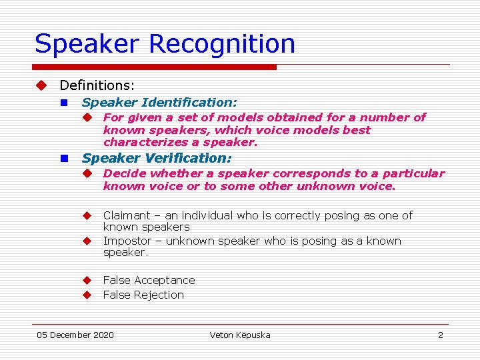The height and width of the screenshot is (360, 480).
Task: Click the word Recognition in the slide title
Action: (x=222, y=44)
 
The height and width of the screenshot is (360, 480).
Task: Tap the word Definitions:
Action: (x=97, y=85)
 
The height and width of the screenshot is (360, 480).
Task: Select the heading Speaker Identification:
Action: (x=159, y=103)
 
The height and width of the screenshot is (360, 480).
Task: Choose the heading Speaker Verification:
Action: (x=157, y=158)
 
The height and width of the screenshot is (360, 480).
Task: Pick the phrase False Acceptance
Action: (x=149, y=280)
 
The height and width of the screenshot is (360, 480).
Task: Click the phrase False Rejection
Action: (x=143, y=295)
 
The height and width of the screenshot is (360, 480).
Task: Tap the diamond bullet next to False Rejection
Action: (x=86, y=295)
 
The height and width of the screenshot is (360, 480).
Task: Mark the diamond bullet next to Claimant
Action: (x=86, y=215)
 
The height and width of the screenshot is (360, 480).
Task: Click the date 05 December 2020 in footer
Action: (x=75, y=335)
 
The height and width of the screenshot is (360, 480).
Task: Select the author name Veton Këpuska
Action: (x=240, y=335)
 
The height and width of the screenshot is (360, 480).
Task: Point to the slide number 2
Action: (x=440, y=335)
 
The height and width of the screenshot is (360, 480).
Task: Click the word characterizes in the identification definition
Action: (x=142, y=143)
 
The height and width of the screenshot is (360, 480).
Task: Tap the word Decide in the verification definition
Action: (x=125, y=173)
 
